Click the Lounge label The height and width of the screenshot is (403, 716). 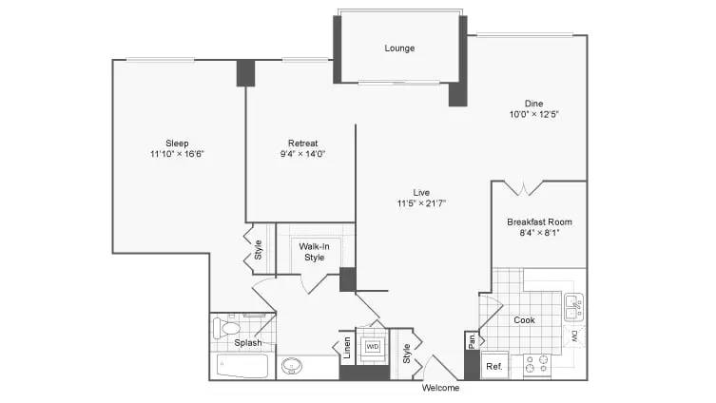(x=399, y=48)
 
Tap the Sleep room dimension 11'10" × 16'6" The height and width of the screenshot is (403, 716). (x=177, y=153)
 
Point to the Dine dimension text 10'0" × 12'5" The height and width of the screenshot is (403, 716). (x=532, y=115)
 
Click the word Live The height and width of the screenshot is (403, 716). (x=421, y=191)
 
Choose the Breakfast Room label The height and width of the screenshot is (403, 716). (x=539, y=221)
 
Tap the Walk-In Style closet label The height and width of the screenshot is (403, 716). (x=314, y=252)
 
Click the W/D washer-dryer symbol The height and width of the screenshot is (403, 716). (x=373, y=347)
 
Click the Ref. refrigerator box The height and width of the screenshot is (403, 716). (x=494, y=366)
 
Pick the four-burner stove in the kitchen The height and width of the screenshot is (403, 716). (x=538, y=366)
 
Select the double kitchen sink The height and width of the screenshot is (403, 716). (x=573, y=306)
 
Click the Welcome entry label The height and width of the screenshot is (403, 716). (x=440, y=388)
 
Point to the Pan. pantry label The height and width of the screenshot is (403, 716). (x=471, y=340)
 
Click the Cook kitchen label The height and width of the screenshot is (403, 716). (x=525, y=320)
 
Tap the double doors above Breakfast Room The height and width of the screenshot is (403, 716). (x=523, y=188)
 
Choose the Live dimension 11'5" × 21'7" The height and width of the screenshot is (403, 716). (x=421, y=203)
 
